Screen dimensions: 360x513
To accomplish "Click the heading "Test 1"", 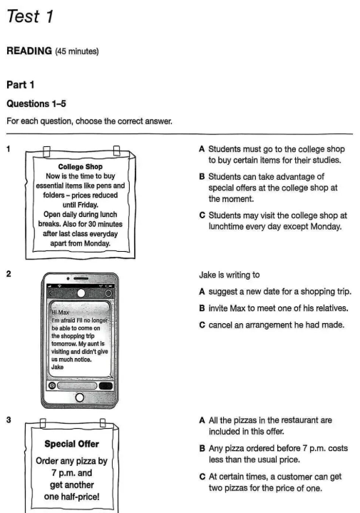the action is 30,16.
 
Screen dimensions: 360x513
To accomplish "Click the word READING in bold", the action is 29,51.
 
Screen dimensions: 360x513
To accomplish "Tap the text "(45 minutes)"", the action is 77,51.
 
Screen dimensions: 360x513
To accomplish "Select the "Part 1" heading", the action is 20,85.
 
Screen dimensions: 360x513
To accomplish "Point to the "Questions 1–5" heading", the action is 36,103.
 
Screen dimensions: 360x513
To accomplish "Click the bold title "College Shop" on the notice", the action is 81,166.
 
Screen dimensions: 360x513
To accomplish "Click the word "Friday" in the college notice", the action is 87,205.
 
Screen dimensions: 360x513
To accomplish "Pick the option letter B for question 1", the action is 202,177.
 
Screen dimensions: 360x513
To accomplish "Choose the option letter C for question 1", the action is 202,215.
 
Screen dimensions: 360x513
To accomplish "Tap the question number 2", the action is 9,274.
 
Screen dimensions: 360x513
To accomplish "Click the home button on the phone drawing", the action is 79,397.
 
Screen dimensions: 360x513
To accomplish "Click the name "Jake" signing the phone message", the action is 57,367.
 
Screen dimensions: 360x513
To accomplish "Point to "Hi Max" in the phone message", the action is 60,313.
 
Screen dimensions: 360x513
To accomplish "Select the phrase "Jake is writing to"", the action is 230,275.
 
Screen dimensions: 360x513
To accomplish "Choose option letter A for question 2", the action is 202,292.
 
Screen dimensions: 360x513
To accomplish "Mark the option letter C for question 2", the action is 202,325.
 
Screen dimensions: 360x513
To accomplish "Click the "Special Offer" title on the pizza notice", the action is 71,444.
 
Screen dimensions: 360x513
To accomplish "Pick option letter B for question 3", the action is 202,448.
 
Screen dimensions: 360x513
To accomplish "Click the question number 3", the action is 9,420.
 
